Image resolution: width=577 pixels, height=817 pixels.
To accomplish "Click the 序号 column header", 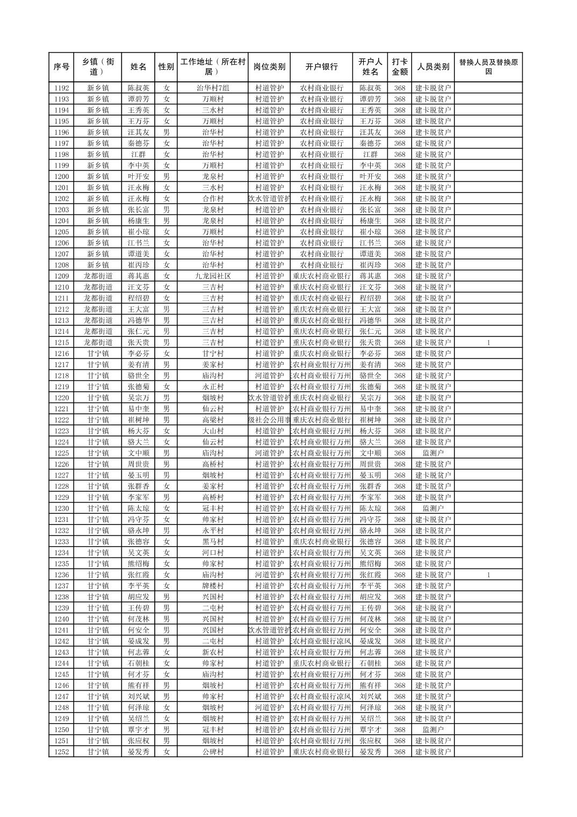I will (61, 67).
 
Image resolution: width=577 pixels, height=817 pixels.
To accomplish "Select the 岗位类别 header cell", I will (269, 67).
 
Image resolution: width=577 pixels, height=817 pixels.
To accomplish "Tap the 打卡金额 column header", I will (399, 67).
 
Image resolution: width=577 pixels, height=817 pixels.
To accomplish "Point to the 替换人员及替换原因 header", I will (488, 67).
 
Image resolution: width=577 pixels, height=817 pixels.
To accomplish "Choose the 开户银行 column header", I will (321, 67).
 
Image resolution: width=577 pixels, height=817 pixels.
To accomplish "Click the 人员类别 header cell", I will (433, 67).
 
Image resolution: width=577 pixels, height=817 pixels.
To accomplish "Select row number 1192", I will (61, 88).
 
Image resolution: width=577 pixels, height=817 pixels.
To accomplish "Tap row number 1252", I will (61, 752).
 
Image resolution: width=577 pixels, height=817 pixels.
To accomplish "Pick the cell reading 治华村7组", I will (213, 88).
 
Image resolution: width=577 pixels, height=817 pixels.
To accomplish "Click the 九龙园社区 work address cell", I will (213, 276).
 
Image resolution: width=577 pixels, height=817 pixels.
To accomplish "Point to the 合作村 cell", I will (213, 199).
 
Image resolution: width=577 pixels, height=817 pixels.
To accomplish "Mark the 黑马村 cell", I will (213, 542).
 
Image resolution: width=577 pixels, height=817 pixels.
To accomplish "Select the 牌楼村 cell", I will (213, 586).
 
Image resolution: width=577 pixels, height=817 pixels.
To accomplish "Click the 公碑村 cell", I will (213, 752).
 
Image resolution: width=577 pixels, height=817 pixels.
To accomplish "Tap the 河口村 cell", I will (213, 553).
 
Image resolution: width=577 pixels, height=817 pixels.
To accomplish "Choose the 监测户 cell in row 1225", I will (433, 453).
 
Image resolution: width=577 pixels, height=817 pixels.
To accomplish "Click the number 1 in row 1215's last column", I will (488, 342).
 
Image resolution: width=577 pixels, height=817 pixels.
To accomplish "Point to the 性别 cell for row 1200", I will (167, 177).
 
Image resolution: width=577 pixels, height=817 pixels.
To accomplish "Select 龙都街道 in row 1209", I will (98, 276).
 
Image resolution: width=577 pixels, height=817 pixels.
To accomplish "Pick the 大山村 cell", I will (213, 431).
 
